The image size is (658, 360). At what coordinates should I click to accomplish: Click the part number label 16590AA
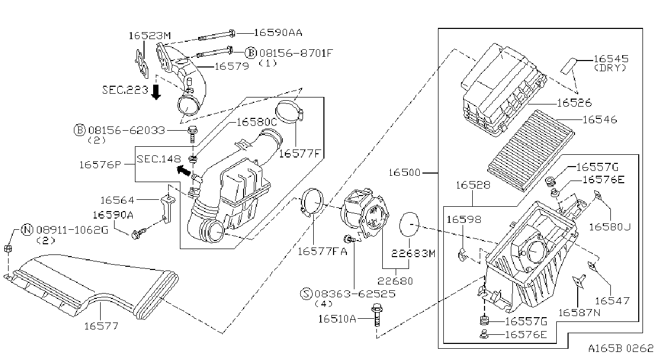tap(278, 33)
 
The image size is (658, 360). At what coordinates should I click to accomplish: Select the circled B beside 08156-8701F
tap(251, 53)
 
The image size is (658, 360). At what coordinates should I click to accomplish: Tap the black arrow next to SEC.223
tap(156, 92)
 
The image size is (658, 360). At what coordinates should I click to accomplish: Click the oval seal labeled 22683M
tap(409, 224)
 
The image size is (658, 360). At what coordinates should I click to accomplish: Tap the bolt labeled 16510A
tap(376, 315)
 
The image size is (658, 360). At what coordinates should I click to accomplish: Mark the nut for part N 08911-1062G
tap(8, 249)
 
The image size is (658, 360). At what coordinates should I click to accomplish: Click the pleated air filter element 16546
tap(531, 150)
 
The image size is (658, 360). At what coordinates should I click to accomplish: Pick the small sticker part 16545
tap(569, 66)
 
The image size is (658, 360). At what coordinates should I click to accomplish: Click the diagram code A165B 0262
tap(621, 348)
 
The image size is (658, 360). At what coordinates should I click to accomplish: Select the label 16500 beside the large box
tap(405, 172)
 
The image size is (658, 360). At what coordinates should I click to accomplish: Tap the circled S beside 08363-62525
tap(306, 294)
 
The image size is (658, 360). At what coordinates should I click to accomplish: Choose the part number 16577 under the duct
tap(101, 326)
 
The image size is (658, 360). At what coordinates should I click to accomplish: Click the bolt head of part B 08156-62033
tap(192, 130)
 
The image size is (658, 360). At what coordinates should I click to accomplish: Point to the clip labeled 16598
tap(462, 254)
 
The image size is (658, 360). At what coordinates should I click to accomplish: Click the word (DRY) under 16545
tap(610, 68)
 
